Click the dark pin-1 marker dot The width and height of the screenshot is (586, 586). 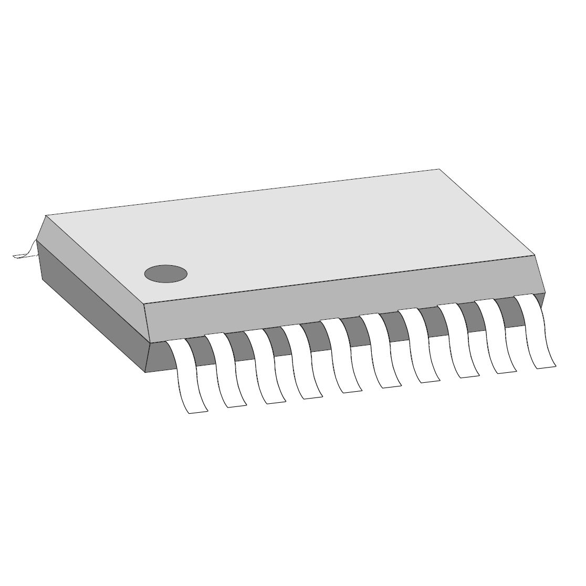pos(166,274)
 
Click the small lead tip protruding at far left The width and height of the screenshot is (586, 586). pos(23,254)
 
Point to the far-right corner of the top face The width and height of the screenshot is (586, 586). pos(439,169)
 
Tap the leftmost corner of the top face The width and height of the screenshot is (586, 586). pos(46,215)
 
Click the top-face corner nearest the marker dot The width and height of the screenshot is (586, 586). pos(144,304)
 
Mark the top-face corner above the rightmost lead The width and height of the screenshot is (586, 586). pos(535,256)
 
